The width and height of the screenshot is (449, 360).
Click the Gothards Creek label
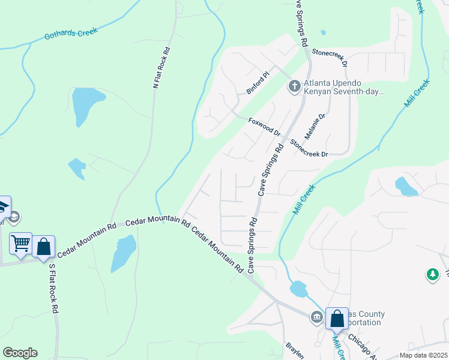[x=71, y=34]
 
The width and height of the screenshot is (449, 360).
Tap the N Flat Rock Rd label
[x=159, y=68]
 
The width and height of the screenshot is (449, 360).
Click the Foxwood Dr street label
[x=264, y=126]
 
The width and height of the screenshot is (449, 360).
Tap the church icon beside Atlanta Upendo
[x=294, y=87]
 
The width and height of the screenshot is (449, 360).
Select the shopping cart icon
[x=21, y=243]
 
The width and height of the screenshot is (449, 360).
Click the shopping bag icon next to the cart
[x=44, y=247]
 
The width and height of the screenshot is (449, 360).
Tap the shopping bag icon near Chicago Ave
[x=337, y=317]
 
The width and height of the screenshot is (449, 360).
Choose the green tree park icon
[x=432, y=275]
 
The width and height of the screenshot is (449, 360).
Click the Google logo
[x=20, y=353]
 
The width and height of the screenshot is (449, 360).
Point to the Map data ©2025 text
[x=423, y=355]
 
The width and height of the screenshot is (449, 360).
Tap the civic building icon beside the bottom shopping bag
[x=316, y=316]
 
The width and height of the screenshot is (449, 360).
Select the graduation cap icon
[x=3, y=206]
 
